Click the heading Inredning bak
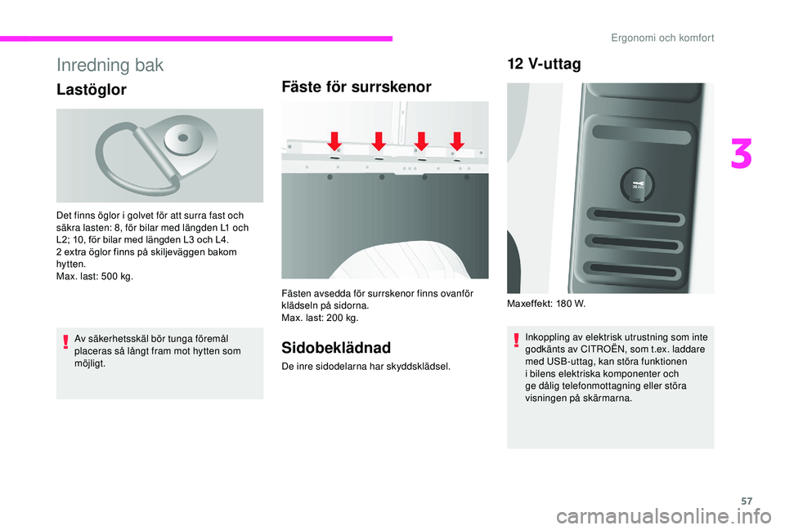pyautogui.click(x=110, y=65)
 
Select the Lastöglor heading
pyautogui.click(x=92, y=90)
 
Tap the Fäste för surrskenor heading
pyautogui.click(x=357, y=87)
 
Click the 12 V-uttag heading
pyautogui.click(x=544, y=65)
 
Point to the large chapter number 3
pyautogui.click(x=742, y=155)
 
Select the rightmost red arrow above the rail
pyautogui.click(x=457, y=141)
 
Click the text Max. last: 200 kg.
pyautogui.click(x=320, y=317)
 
